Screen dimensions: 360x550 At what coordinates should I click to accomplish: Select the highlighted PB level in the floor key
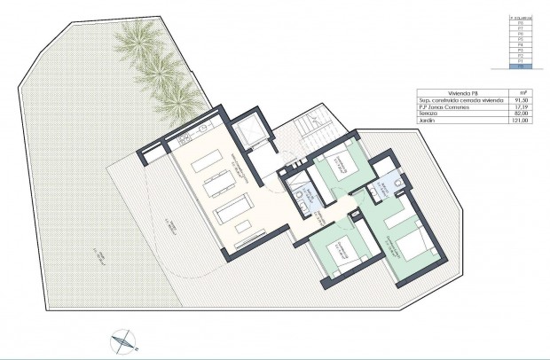(520, 67)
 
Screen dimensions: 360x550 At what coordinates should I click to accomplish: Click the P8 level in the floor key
(520, 22)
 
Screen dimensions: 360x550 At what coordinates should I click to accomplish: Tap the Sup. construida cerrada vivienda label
(456, 98)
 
